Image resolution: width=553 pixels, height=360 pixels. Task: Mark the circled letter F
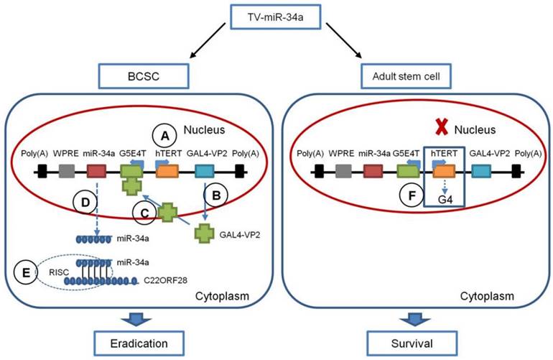pyautogui.click(x=409, y=194)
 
